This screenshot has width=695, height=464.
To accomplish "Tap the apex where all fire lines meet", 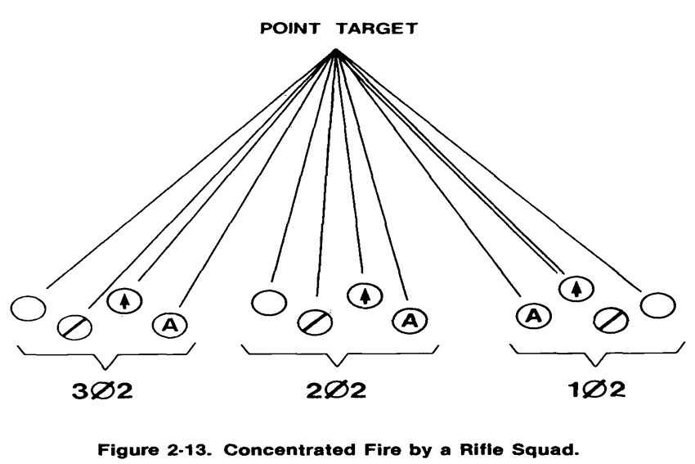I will point(335,52).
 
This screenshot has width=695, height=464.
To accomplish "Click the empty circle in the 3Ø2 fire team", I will point(29,309).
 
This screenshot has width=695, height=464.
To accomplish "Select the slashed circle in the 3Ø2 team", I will point(75,326).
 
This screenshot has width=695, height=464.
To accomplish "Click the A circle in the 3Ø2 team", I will point(171,324).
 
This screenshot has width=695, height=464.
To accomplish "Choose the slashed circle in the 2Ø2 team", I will point(315,322).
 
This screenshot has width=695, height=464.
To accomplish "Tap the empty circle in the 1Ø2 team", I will point(658,304).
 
